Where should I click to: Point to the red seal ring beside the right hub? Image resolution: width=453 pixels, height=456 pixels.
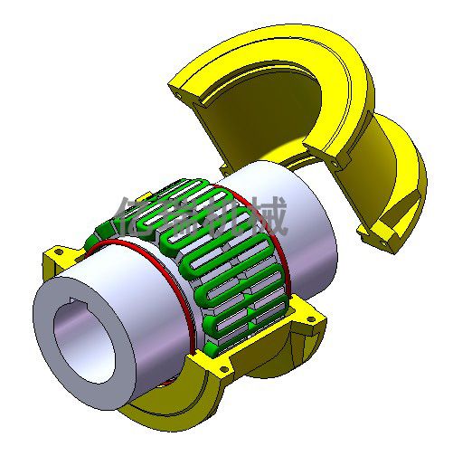click(288, 244)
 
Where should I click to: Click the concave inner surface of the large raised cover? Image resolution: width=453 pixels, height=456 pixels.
click(271, 109)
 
